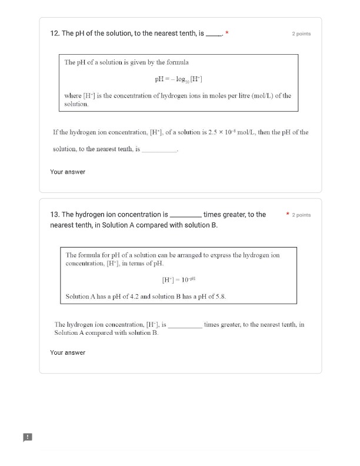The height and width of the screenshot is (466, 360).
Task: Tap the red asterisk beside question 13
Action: (x=287, y=215)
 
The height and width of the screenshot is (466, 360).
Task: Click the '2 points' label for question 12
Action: (x=301, y=34)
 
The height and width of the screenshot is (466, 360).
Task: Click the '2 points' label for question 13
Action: (x=301, y=215)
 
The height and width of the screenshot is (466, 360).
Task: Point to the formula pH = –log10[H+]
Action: (x=179, y=79)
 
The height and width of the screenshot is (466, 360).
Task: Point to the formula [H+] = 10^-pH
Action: (x=178, y=281)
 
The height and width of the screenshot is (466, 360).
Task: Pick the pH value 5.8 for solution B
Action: (x=220, y=297)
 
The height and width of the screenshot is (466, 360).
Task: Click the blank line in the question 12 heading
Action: (x=214, y=35)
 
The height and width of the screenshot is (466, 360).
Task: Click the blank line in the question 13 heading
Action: (x=185, y=216)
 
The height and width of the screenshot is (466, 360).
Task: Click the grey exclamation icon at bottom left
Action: (x=27, y=437)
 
